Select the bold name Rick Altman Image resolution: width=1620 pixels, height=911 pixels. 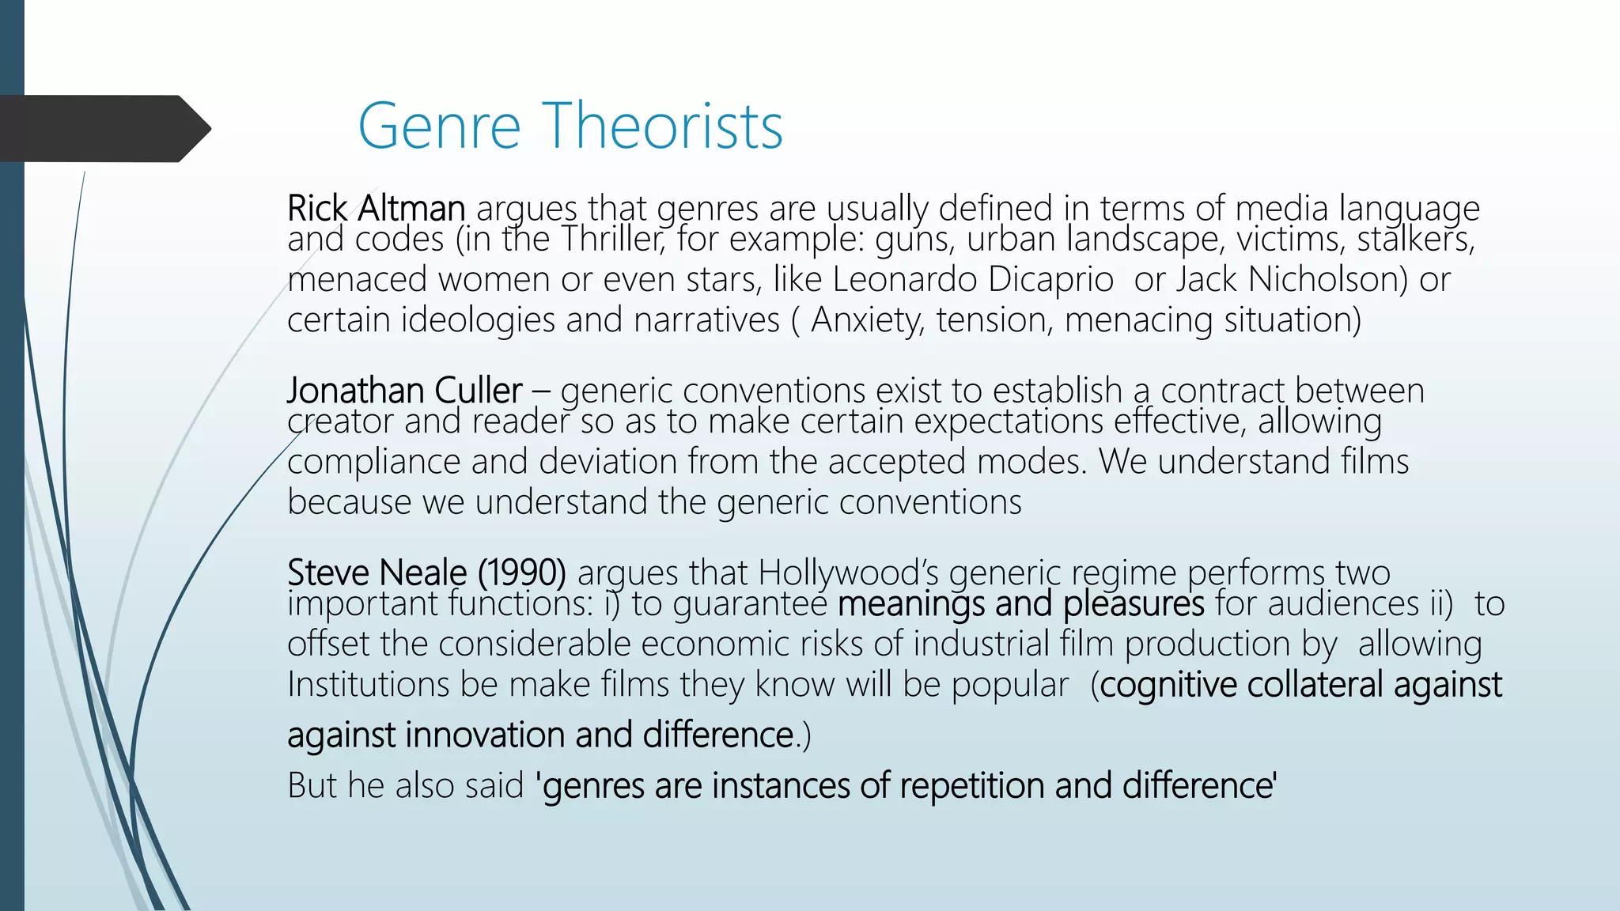pos(376,209)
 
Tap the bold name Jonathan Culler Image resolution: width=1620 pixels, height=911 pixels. pos(404,391)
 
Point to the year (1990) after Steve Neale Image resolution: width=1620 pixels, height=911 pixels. pos(522,573)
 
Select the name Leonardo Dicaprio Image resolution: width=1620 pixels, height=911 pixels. pos(973,279)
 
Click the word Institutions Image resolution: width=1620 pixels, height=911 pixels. pos(369,685)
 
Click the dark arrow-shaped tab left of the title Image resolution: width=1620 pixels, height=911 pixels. pos(103,128)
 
